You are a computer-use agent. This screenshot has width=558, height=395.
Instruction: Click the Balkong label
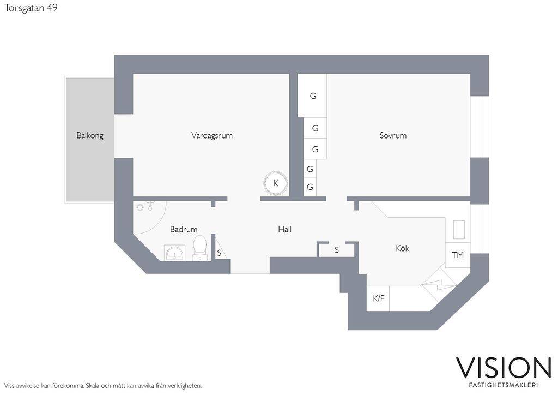coord(90,136)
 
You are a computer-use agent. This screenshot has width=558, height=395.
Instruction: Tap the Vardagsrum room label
coord(212,136)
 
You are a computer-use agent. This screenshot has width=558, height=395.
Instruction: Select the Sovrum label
coord(393,135)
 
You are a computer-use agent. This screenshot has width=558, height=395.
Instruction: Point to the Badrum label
coord(184,229)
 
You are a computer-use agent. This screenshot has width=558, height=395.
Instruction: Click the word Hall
coord(284,229)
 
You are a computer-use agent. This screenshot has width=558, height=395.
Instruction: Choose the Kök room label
coord(403,248)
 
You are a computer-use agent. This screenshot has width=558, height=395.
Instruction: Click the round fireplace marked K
coord(275,183)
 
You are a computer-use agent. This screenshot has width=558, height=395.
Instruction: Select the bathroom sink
coord(174,252)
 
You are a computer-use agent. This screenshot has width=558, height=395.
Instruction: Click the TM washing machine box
coord(458,255)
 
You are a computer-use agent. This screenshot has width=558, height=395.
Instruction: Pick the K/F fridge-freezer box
coord(378,298)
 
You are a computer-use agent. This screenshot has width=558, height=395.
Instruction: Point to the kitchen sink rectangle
coord(459,230)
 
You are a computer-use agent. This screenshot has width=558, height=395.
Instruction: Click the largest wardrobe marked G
coord(312,95)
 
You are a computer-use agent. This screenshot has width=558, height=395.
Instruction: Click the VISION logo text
coord(504,368)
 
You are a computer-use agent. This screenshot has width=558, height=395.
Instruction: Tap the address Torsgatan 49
coord(31,8)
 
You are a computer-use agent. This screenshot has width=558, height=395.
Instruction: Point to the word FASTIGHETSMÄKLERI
coord(504,385)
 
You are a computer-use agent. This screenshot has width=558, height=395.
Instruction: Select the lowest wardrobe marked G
coord(310,187)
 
